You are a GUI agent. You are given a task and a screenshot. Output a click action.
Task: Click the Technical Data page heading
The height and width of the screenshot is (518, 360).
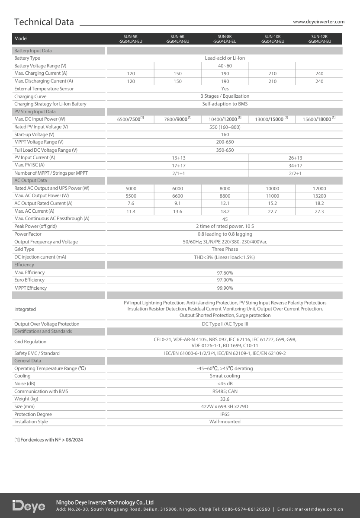pyautogui.click(x=44, y=22)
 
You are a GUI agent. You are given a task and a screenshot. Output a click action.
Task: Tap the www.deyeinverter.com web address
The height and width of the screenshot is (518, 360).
pyautogui.click(x=318, y=22)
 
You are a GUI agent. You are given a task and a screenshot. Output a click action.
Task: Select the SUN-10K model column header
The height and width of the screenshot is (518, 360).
pyautogui.click(x=272, y=39)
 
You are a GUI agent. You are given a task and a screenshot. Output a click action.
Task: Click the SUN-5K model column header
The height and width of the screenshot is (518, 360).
pyautogui.click(x=130, y=39)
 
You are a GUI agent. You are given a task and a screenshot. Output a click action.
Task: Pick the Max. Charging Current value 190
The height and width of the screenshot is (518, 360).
pyautogui.click(x=225, y=74)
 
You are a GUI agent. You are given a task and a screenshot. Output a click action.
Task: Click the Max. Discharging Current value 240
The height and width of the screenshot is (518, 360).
pyautogui.click(x=319, y=81)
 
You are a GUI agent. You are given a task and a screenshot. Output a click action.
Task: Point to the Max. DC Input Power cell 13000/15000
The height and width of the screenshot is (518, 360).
pyautogui.click(x=272, y=119)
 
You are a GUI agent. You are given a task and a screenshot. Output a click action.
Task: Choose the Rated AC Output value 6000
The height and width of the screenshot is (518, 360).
pyautogui.click(x=177, y=189)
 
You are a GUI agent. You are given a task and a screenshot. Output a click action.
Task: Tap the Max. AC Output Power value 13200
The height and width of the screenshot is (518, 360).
pyautogui.click(x=319, y=196)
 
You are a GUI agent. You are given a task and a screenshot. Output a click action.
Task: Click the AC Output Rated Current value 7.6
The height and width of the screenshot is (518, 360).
pyautogui.click(x=130, y=203)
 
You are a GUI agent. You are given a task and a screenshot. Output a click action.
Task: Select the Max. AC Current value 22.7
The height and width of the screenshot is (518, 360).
pyautogui.click(x=272, y=211)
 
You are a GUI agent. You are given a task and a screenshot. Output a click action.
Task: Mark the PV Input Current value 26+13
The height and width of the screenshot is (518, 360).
pyautogui.click(x=296, y=158)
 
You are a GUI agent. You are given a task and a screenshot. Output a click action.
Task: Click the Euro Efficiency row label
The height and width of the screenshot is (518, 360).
pyautogui.click(x=29, y=280)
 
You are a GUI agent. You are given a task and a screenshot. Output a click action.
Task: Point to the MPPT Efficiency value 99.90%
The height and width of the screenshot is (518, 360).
pyautogui.click(x=225, y=288)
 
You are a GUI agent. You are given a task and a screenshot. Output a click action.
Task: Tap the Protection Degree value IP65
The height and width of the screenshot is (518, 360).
pyautogui.click(x=225, y=414)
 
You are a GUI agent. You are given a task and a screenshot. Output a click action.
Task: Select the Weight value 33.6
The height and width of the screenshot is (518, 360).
pyautogui.click(x=225, y=399)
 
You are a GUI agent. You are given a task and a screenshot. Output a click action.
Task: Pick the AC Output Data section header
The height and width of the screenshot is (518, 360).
pyautogui.click(x=31, y=181)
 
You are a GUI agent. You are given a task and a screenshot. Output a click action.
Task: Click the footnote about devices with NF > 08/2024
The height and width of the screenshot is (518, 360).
pyautogui.click(x=48, y=440)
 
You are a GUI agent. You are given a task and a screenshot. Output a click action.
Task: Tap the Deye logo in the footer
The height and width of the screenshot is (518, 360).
pyautogui.click(x=29, y=506)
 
